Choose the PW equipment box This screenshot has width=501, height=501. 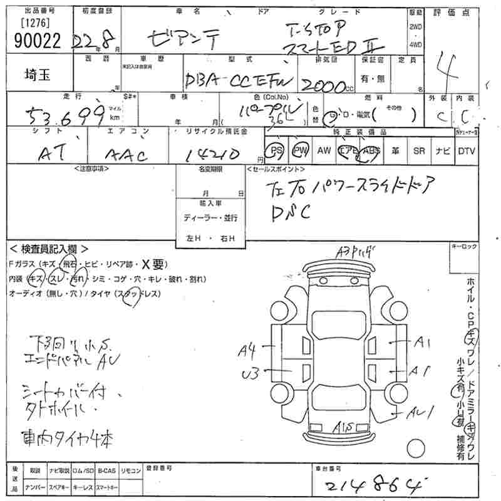pyautogui.click(x=301, y=150)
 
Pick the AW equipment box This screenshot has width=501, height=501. pyautogui.click(x=324, y=150)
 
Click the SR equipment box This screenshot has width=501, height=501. pyautogui.click(x=419, y=150)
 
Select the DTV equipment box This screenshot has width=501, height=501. pyautogui.click(x=466, y=150)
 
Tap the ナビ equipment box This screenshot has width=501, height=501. pyautogui.click(x=442, y=150)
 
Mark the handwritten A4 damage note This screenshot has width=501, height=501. pyautogui.click(x=246, y=351)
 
